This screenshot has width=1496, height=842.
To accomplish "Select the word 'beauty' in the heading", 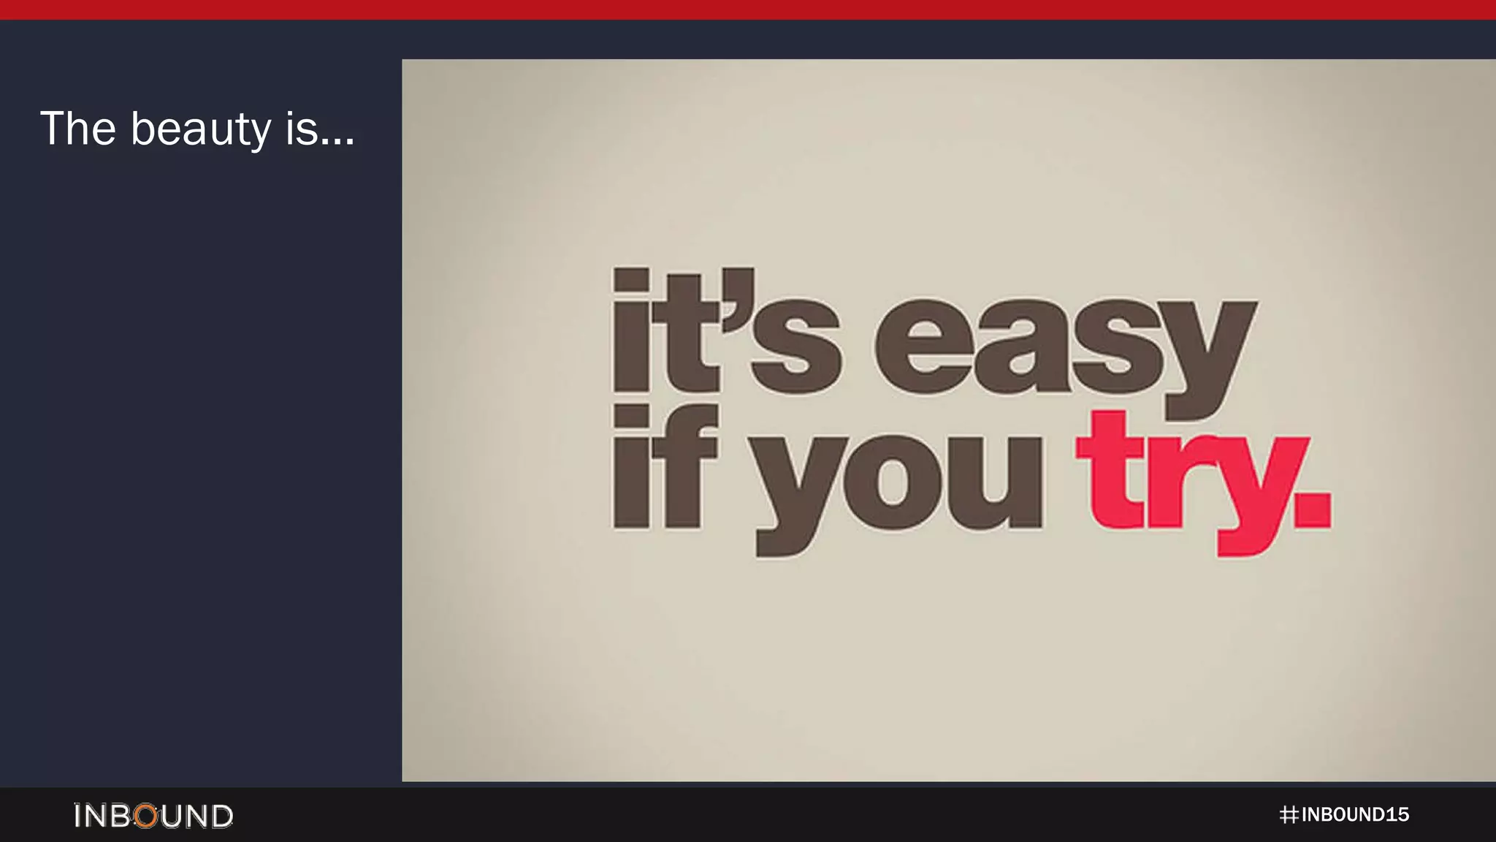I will click(x=201, y=130).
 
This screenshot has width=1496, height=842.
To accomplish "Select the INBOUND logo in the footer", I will click(x=153, y=816).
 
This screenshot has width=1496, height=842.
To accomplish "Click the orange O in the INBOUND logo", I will click(x=147, y=816).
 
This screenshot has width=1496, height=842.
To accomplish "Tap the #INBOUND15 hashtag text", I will click(x=1344, y=815).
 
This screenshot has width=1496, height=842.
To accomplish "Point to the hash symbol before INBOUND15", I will click(x=1289, y=815).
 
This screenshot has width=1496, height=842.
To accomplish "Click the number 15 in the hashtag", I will click(x=1397, y=815).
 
